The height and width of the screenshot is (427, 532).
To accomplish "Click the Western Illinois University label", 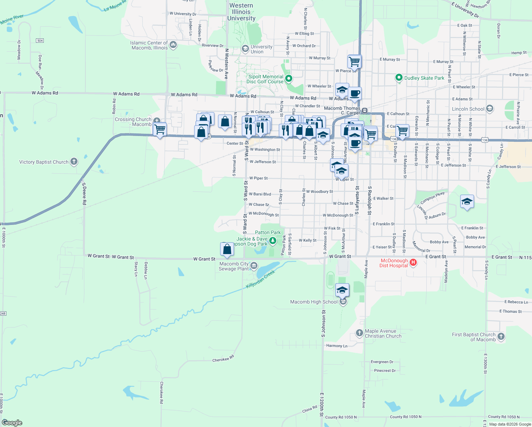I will click(x=241, y=12).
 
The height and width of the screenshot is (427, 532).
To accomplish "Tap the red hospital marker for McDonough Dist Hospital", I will click(x=413, y=263).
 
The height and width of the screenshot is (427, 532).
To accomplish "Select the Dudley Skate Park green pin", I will click(x=399, y=78).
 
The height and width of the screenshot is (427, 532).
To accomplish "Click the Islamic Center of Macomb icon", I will click(x=173, y=45).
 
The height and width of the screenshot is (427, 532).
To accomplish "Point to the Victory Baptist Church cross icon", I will click(x=74, y=162).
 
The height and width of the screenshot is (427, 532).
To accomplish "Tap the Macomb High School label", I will click(x=314, y=302).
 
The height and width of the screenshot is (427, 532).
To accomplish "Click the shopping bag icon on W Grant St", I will click(x=227, y=249).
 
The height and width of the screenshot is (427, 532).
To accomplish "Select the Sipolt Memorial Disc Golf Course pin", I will click(x=289, y=78).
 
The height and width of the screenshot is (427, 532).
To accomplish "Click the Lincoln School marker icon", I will click(x=490, y=109).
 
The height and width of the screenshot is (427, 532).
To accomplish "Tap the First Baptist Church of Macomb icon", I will click(x=501, y=336).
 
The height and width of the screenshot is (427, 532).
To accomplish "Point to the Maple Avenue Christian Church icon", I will click(x=360, y=333).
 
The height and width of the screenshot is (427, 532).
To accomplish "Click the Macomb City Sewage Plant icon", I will click(x=254, y=265).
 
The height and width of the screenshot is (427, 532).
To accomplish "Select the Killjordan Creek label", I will click(x=260, y=279).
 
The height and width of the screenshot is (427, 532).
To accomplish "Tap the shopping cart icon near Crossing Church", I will click(x=160, y=129).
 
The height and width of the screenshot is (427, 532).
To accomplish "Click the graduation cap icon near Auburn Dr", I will click(x=467, y=202).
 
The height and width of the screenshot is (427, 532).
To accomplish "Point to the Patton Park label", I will click(x=268, y=232).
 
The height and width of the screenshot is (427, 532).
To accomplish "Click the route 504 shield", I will click(x=40, y=41).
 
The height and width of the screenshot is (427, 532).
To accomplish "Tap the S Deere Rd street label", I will click(x=84, y=194).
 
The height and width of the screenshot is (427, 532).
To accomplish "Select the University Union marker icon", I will click(x=245, y=48).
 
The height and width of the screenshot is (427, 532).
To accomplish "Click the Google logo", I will click(x=12, y=423).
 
